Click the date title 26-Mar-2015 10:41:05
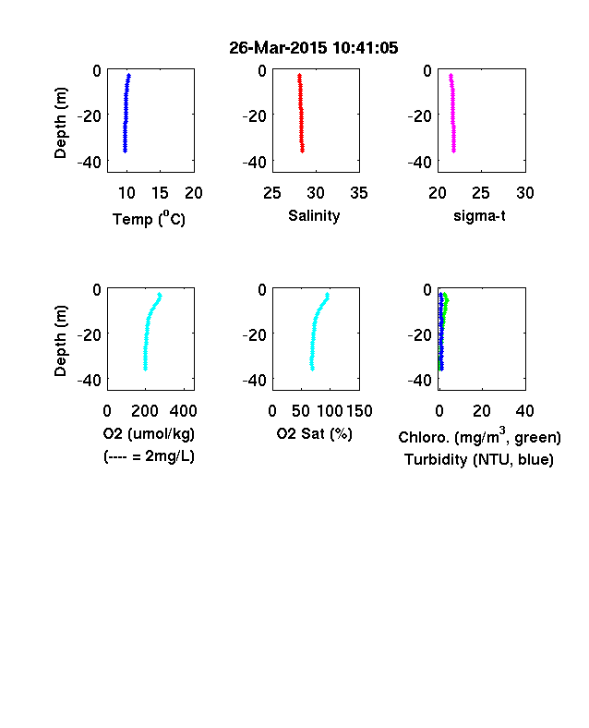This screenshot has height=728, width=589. point(314,48)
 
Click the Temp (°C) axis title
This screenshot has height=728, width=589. point(149,219)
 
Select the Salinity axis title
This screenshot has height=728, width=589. point(314,216)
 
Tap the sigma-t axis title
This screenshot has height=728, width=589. point(479,216)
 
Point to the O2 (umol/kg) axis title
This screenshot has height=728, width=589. point(149,433)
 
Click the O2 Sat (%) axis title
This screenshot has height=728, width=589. point(315,433)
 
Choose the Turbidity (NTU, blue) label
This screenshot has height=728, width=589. point(479,460)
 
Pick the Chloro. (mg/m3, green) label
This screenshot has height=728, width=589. point(479,436)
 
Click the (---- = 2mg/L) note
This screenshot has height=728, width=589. point(149,456)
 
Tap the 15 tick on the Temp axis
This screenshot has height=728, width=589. point(160,193)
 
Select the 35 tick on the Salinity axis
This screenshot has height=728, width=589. point(359,193)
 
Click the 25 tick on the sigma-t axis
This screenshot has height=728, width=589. point(481,193)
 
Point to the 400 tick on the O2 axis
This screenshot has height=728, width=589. point(183,411)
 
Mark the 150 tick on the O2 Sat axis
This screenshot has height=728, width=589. point(359,411)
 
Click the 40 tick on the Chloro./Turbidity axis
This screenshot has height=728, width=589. point(524,411)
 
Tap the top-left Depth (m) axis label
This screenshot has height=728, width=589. point(61,123)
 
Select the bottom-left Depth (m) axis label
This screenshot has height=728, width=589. point(61,341)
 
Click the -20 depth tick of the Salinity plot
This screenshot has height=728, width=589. point(255,116)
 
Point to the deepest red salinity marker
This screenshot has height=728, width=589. point(303,151)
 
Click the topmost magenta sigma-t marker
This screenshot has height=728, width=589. point(451,75)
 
